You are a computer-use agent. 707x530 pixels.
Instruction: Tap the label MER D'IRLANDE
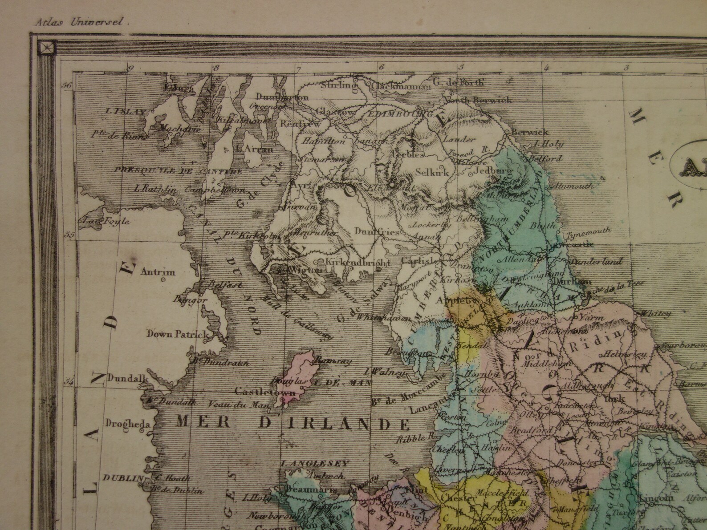[292, 421]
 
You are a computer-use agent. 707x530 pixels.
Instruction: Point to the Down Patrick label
[178, 334]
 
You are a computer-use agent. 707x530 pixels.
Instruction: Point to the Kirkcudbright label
[355, 262]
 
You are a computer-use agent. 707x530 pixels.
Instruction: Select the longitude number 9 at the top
[130, 68]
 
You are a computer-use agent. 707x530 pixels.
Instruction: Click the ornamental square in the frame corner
[46, 46]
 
